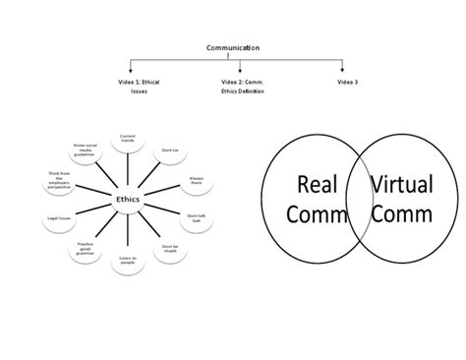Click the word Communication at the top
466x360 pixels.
[232, 46]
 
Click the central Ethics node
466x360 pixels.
[128, 201]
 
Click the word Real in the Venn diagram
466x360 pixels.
[316, 183]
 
